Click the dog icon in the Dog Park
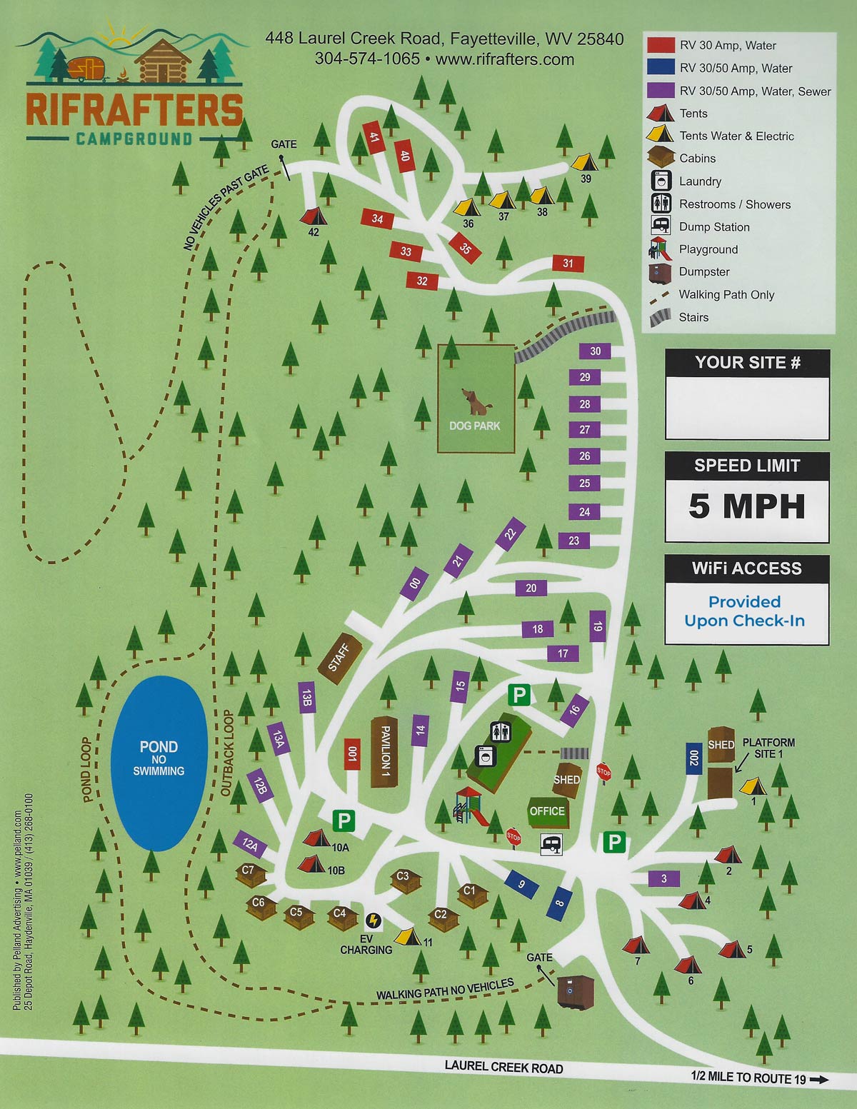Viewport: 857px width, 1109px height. point(475,401)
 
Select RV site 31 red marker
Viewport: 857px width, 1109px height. point(568,264)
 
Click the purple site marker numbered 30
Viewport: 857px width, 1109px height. point(595,351)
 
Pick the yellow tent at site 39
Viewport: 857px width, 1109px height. point(583,162)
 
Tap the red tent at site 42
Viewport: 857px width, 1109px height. point(313,216)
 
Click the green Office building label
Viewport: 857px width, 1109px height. point(547,811)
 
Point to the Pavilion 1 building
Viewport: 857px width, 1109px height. point(384,752)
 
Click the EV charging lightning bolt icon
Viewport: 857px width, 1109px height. point(373,920)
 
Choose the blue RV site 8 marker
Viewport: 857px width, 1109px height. point(559,903)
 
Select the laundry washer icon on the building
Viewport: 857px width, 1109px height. point(485,756)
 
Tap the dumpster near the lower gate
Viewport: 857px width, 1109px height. point(575,993)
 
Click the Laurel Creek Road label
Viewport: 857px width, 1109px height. point(503,1067)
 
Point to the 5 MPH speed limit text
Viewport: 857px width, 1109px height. point(746,506)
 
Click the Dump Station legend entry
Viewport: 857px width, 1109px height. point(713,227)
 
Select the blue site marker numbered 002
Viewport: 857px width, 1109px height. point(693,758)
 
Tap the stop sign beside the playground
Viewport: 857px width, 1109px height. point(513,837)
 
